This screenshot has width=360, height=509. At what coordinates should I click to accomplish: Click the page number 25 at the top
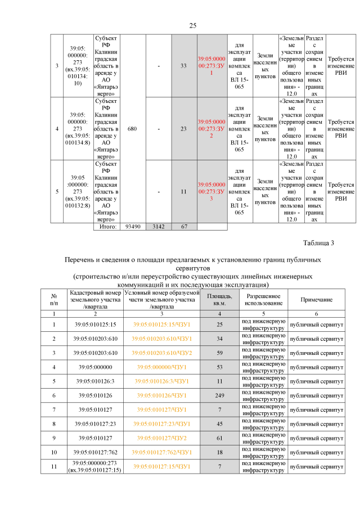coord(193,26)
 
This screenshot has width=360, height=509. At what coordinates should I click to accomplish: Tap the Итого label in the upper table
coord(107,227)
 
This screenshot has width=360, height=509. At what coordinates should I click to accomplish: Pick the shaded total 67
coord(183,227)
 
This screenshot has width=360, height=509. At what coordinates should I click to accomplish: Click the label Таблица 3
coord(318,243)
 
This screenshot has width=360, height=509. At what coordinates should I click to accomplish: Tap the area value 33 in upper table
coord(183,66)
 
